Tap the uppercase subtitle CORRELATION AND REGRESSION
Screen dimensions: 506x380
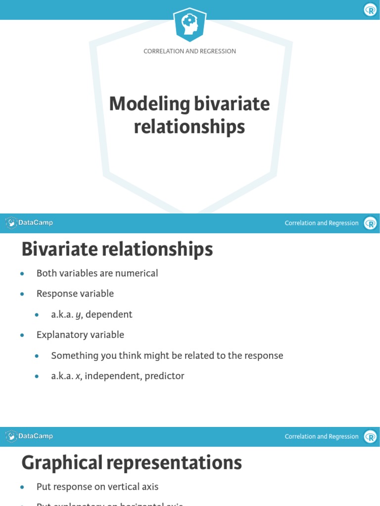(x=190, y=51)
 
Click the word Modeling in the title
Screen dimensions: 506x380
(x=149, y=104)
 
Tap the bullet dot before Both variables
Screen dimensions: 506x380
(x=22, y=274)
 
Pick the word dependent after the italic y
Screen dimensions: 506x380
(x=109, y=314)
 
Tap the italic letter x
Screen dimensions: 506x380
(x=78, y=377)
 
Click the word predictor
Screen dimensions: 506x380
(x=164, y=377)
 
